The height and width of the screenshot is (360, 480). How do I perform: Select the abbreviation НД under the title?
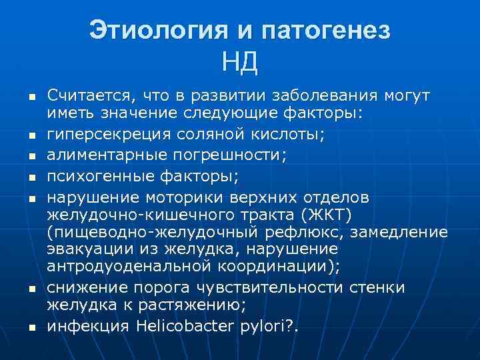[x=240, y=64]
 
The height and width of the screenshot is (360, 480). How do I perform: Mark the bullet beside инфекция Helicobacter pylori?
[x=31, y=327]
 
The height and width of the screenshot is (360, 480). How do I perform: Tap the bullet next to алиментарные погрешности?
[x=31, y=157]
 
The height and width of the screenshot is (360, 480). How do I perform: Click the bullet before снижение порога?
[x=31, y=288]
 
